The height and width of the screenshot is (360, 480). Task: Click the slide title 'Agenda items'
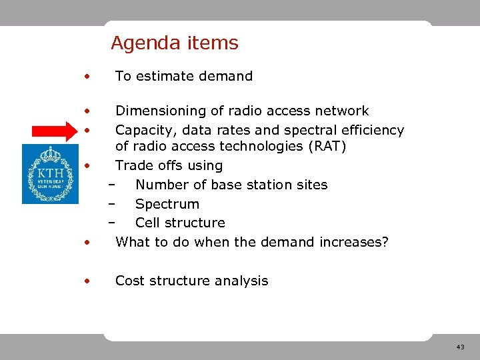pos(174,43)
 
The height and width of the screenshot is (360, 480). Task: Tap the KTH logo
pos(50,173)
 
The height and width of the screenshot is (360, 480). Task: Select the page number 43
pos(460,347)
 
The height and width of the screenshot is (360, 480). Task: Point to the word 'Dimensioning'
pos(157,111)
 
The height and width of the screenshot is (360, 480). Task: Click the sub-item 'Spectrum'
pos(167,204)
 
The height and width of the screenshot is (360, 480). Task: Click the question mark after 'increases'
pos(384,242)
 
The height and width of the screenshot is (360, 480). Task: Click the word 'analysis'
pos(243,281)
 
